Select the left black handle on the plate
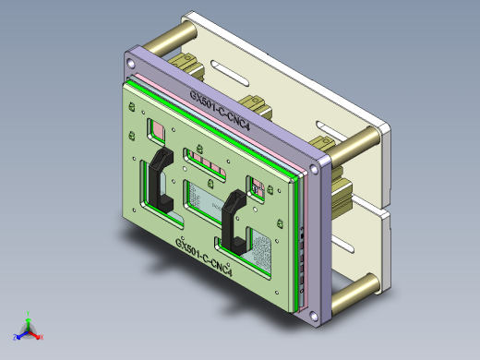(159, 181)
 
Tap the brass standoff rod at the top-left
(164, 39)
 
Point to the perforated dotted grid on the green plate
(261, 251)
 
